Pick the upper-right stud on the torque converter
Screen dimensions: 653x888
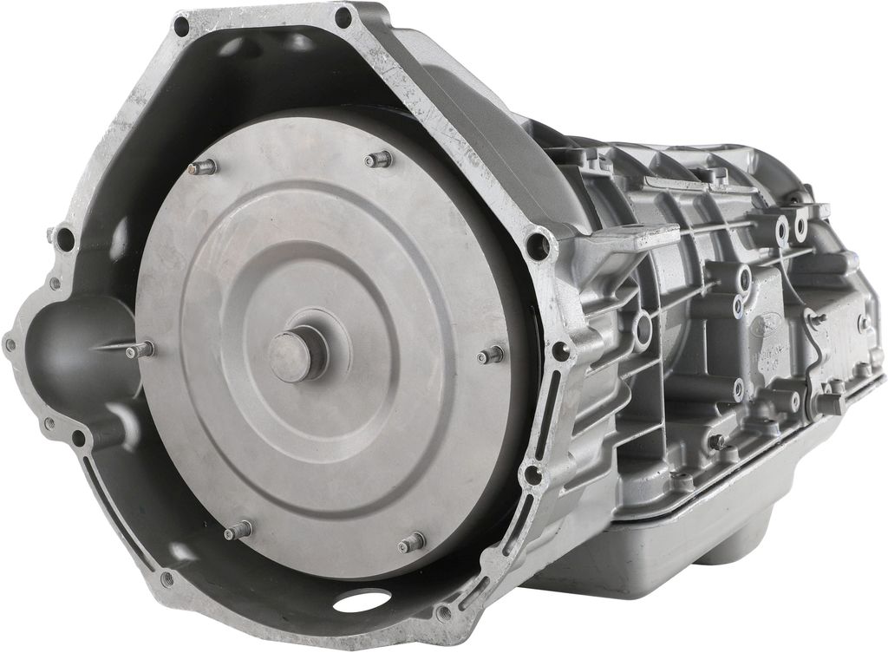point(378,159)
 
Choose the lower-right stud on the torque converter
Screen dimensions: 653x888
point(411,543)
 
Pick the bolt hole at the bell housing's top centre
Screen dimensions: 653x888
point(343,16)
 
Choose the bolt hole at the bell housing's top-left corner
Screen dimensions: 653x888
point(181,26)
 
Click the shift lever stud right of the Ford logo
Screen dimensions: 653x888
point(815,319)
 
